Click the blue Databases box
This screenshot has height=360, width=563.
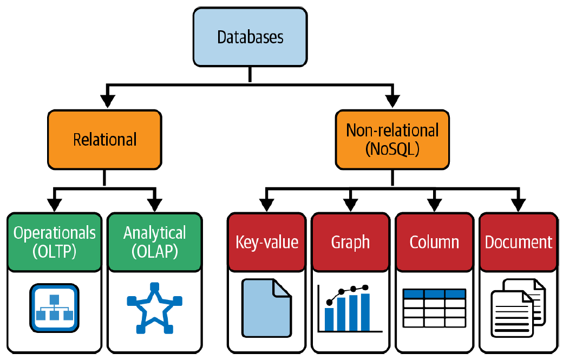(x=250, y=37)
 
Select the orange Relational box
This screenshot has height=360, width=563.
(x=104, y=139)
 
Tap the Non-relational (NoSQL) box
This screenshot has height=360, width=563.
(x=392, y=139)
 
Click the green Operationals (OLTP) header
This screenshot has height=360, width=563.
(x=54, y=241)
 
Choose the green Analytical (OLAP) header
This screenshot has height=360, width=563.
(x=154, y=241)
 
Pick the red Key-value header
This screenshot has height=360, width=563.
(x=267, y=242)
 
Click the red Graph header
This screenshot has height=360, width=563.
(x=350, y=242)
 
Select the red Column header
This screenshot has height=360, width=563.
(x=434, y=242)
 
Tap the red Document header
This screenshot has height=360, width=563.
(x=518, y=242)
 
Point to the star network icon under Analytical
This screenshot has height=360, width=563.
(x=154, y=307)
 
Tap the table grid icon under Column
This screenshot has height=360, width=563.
(x=434, y=307)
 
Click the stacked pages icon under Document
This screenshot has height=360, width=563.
(x=518, y=307)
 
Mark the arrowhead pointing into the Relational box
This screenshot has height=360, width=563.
(x=108, y=101)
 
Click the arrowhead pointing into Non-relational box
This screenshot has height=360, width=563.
(x=392, y=101)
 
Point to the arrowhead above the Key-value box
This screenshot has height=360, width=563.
(x=267, y=205)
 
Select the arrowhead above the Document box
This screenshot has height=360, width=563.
(x=518, y=205)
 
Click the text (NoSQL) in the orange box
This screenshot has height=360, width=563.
(x=392, y=149)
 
